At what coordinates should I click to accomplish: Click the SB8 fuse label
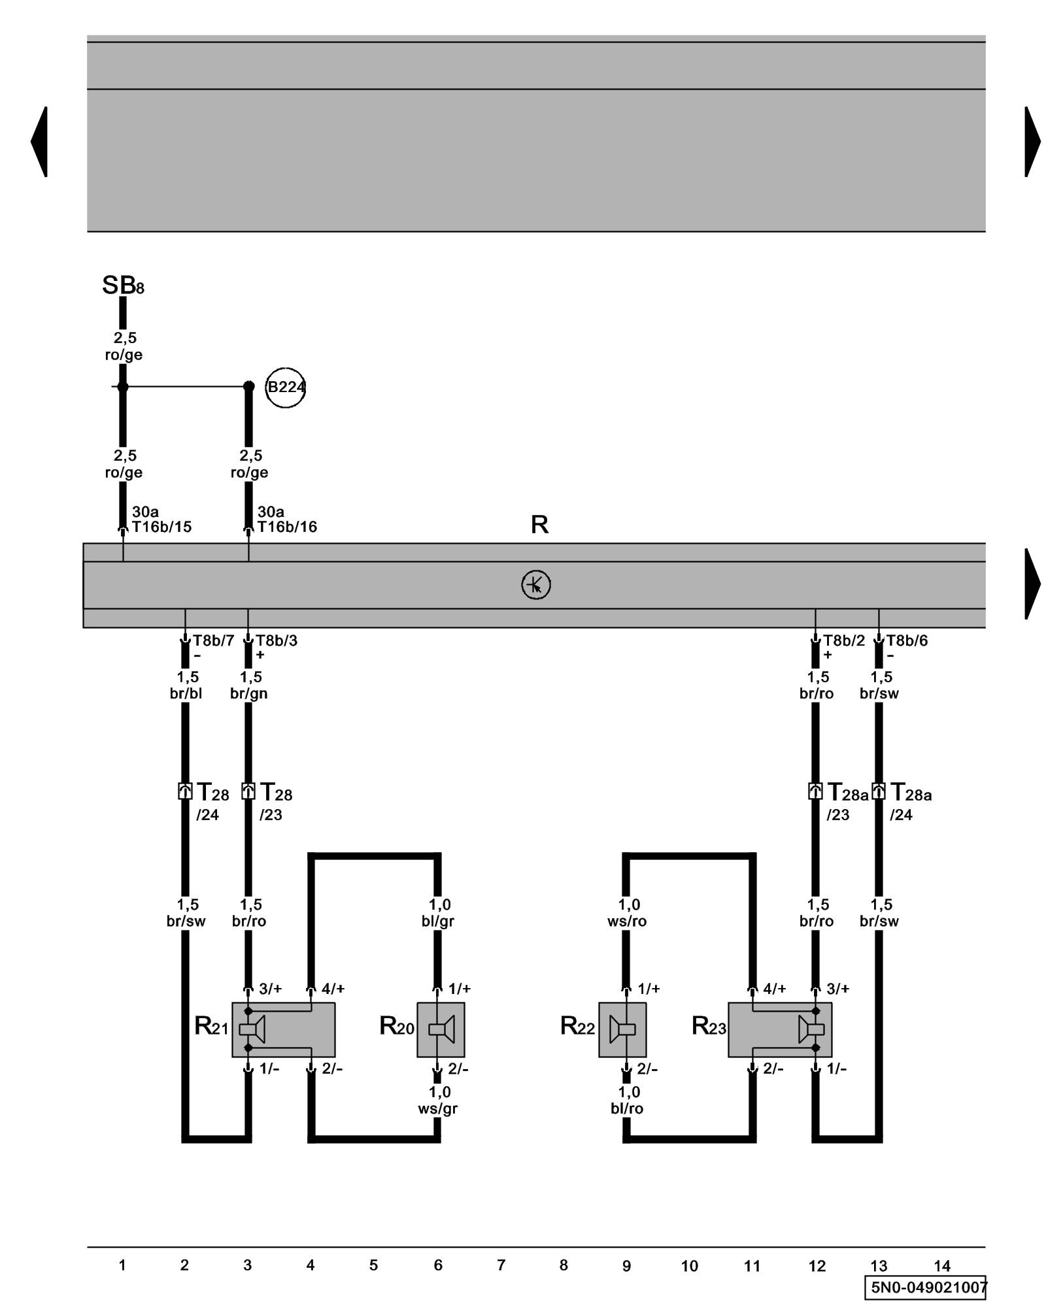(122, 286)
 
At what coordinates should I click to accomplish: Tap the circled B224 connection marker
(286, 388)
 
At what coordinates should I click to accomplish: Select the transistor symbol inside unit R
(535, 585)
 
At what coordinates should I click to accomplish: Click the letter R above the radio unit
(539, 524)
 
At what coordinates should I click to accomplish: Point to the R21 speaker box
(283, 1029)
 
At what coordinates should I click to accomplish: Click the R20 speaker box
(441, 1029)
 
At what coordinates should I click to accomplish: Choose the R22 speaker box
(622, 1029)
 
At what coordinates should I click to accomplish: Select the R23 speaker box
(780, 1029)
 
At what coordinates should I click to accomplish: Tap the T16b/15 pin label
(161, 527)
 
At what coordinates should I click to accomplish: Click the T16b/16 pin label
(287, 527)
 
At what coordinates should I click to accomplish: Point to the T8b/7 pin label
(213, 640)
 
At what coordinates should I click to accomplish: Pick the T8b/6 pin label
(907, 640)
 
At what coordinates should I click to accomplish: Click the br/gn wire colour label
(248, 693)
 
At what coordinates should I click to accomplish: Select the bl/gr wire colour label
(438, 921)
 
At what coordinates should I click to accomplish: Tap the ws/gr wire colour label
(438, 1108)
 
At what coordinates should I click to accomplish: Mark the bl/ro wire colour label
(627, 1108)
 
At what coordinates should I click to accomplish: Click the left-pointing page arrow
(39, 141)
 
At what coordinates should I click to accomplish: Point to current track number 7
(501, 1265)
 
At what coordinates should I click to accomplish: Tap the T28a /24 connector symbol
(879, 791)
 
